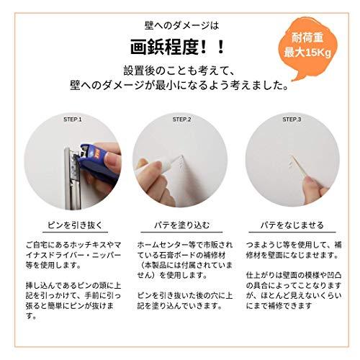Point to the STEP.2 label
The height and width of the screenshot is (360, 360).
180,119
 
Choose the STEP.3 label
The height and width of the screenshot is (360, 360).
291,119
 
